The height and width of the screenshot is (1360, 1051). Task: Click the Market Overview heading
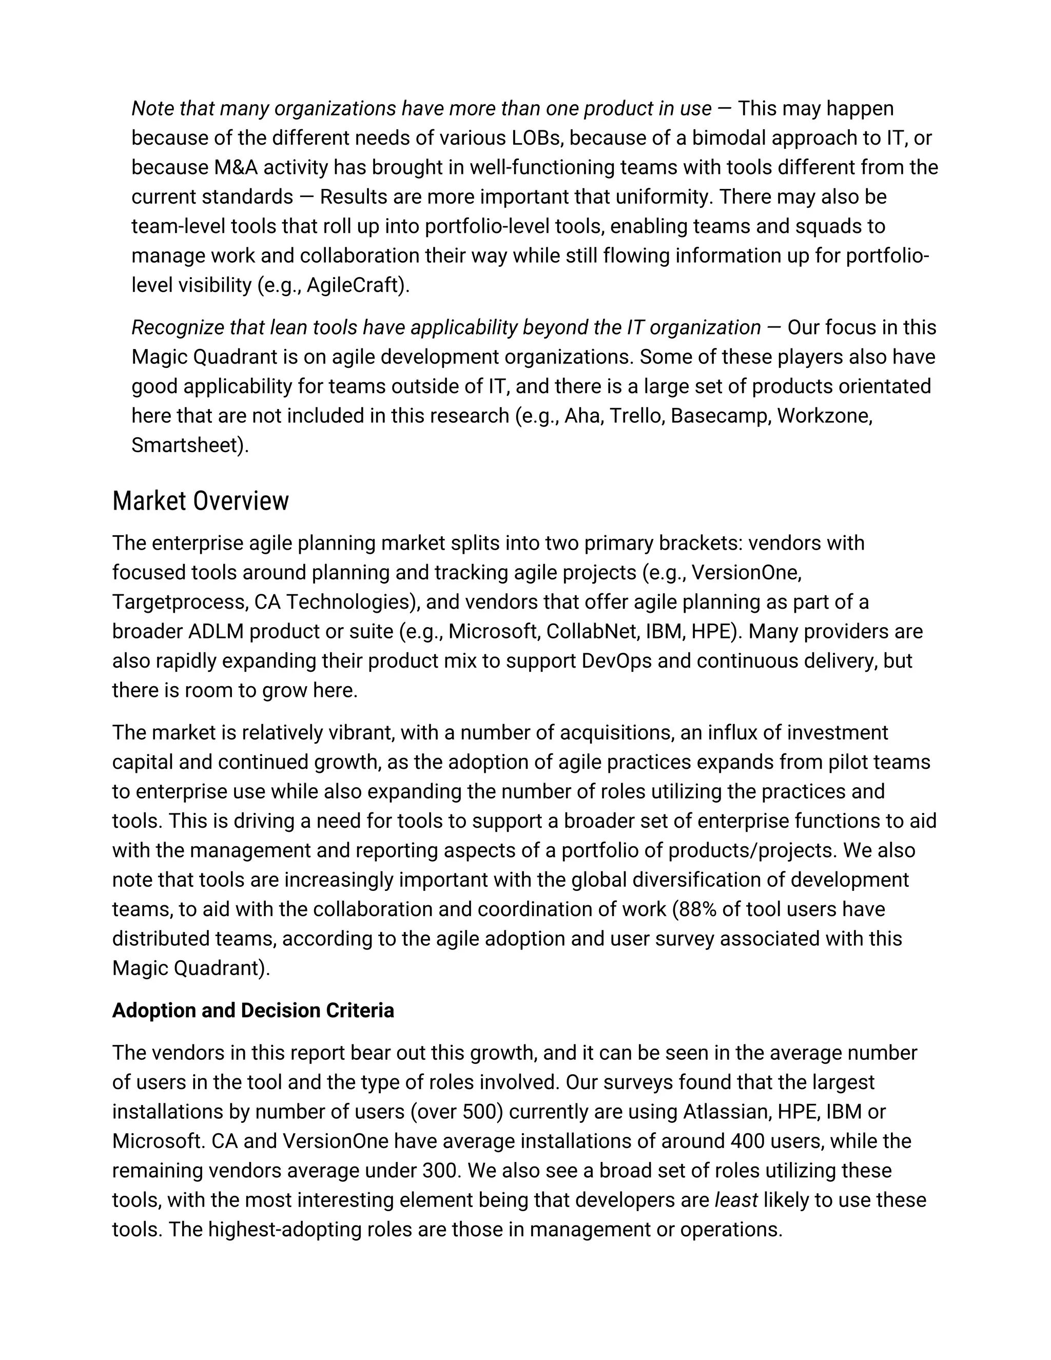point(201,501)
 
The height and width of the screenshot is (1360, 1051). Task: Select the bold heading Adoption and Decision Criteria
point(253,1010)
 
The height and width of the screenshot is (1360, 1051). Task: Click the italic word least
point(736,1200)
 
